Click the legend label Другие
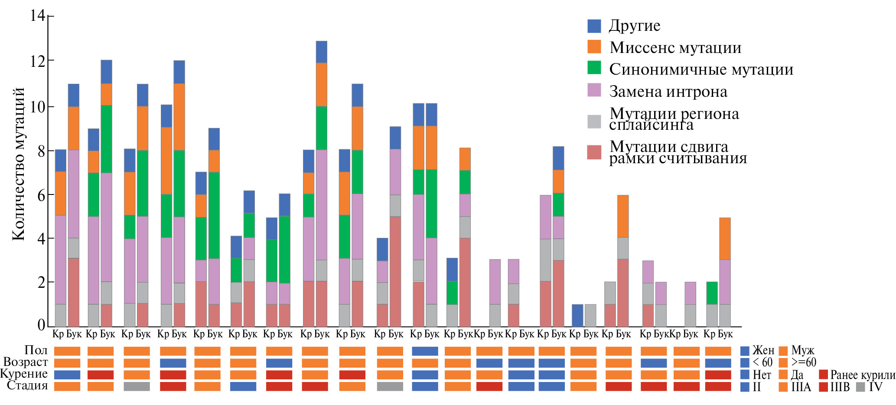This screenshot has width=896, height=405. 634,26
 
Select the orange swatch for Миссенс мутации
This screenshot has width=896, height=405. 594,47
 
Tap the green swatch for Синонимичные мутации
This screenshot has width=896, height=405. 594,68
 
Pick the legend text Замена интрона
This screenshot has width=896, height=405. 668,92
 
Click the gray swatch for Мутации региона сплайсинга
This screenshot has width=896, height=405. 594,122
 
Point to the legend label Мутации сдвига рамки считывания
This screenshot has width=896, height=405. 678,152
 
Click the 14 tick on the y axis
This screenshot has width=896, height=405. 38,16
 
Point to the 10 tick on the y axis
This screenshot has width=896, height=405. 38,107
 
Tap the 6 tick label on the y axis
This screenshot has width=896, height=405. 41,195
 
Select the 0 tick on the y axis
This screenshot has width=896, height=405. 41,325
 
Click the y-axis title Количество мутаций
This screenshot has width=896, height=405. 19,164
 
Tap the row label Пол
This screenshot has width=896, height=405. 36,350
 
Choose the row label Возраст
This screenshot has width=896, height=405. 26,362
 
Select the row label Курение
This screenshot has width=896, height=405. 24,374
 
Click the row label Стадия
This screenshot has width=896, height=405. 27,385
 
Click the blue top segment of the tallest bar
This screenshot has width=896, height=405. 321,52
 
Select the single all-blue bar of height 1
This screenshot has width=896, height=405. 577,316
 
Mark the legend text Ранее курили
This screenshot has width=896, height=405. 862,375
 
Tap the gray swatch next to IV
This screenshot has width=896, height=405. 860,387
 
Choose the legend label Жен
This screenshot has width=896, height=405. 763,350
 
